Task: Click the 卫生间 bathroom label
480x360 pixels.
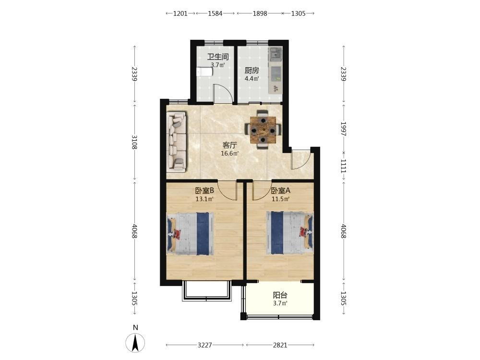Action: tap(218, 57)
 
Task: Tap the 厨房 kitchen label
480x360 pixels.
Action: tap(252, 71)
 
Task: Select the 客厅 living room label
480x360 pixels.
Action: tap(229, 145)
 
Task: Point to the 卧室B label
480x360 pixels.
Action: tap(204, 191)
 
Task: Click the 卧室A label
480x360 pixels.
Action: tap(281, 191)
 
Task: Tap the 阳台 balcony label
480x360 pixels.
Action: tap(280, 295)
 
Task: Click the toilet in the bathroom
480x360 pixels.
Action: tap(204, 72)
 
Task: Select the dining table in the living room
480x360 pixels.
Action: tap(263, 130)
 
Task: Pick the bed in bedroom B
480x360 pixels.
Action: tap(190, 233)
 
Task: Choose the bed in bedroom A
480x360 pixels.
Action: tap(289, 233)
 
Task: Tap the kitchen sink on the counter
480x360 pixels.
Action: tap(276, 54)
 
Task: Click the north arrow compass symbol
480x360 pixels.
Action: tap(135, 343)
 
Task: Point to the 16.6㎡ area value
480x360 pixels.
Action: tap(229, 154)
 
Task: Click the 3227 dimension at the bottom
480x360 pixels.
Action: tap(204, 345)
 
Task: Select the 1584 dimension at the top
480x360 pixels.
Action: tap(215, 13)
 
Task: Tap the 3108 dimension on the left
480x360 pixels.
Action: tap(134, 142)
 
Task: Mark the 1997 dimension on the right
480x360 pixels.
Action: tap(343, 129)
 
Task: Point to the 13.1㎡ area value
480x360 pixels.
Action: tap(204, 199)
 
